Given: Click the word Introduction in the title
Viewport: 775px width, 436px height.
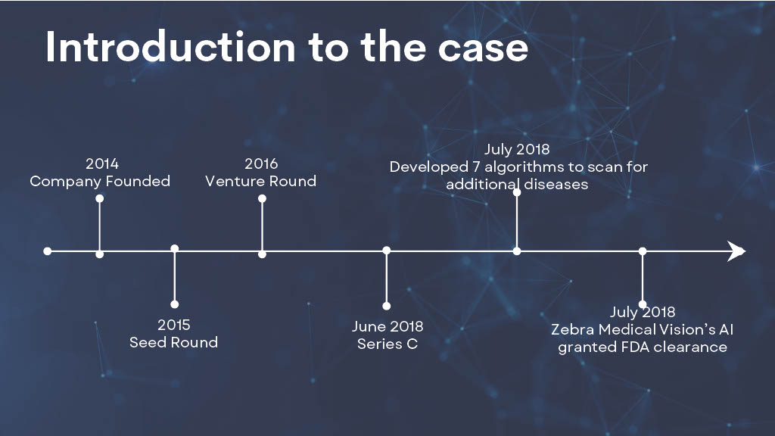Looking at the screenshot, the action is [x=170, y=47].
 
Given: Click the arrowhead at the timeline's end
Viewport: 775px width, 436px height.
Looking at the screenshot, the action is [x=736, y=251].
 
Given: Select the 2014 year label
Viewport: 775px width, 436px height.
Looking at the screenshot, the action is [x=102, y=163].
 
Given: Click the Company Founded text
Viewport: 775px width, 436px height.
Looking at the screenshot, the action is [x=100, y=182].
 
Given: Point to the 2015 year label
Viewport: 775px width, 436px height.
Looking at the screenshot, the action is [x=173, y=325].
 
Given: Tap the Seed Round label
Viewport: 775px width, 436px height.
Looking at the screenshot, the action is [x=173, y=342].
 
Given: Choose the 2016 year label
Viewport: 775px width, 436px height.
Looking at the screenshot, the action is [x=261, y=163].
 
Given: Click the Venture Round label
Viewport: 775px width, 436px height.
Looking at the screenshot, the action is [x=261, y=181].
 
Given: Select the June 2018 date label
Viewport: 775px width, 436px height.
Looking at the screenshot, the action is [x=387, y=326].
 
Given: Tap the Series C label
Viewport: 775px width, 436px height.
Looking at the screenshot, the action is [x=387, y=344].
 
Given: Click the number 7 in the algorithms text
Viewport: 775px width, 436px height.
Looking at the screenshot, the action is [x=475, y=167].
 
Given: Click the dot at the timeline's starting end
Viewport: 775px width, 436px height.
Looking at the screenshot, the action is [x=48, y=251].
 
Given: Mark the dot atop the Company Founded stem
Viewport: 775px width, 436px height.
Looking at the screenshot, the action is [x=100, y=198].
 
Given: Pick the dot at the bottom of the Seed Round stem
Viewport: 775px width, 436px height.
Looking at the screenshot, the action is [x=175, y=304].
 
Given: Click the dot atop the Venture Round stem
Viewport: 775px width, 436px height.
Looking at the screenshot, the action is [x=262, y=198].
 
